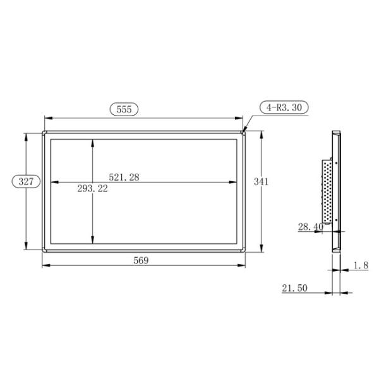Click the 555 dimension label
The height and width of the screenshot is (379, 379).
click(x=124, y=109)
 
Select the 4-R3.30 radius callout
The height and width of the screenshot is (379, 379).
click(x=284, y=107)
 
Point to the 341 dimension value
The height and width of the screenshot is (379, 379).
click(x=261, y=181)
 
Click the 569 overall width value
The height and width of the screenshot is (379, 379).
click(x=141, y=260)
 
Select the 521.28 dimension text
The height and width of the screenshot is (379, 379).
click(x=124, y=177)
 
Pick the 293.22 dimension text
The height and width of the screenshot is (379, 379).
click(x=93, y=189)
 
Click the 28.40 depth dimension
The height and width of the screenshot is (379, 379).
click(x=310, y=226)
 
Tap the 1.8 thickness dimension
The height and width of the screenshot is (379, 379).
click(x=361, y=265)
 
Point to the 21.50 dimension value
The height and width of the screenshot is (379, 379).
click(x=294, y=288)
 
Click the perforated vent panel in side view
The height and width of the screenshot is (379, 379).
click(x=327, y=189)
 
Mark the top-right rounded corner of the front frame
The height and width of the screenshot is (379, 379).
click(x=243, y=133)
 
